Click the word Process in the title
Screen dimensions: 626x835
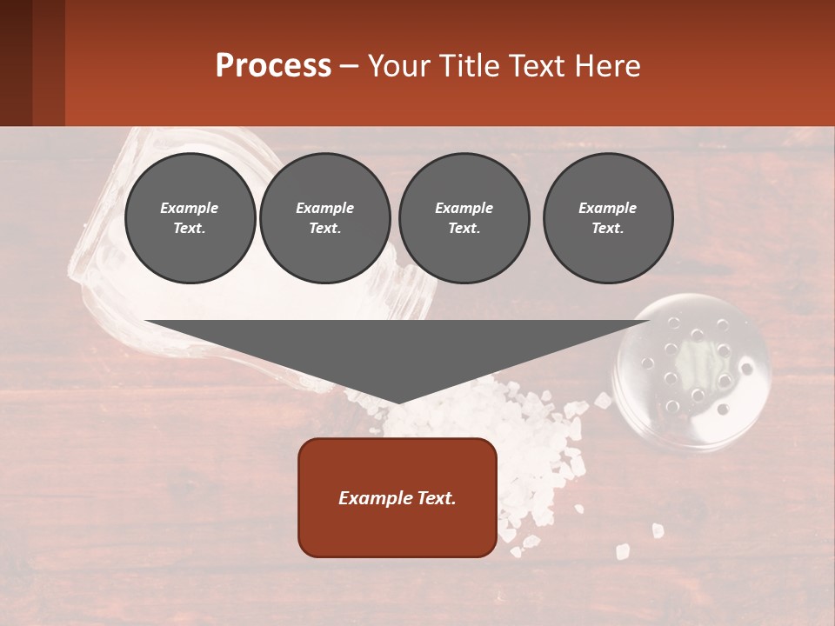273,65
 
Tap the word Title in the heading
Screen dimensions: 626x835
471,65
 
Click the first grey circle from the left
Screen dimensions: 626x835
190,218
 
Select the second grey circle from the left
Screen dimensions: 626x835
324,218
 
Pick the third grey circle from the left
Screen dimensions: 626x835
464,218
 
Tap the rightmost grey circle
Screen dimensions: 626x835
608,218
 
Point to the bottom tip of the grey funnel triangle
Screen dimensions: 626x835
397,401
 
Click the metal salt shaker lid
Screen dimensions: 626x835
692,372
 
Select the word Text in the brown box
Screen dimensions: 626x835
430,498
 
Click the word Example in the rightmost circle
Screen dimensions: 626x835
608,208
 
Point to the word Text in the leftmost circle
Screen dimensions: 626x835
188,229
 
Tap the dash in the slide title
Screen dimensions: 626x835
350,66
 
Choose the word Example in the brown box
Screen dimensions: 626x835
370,498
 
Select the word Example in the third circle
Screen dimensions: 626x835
464,208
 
